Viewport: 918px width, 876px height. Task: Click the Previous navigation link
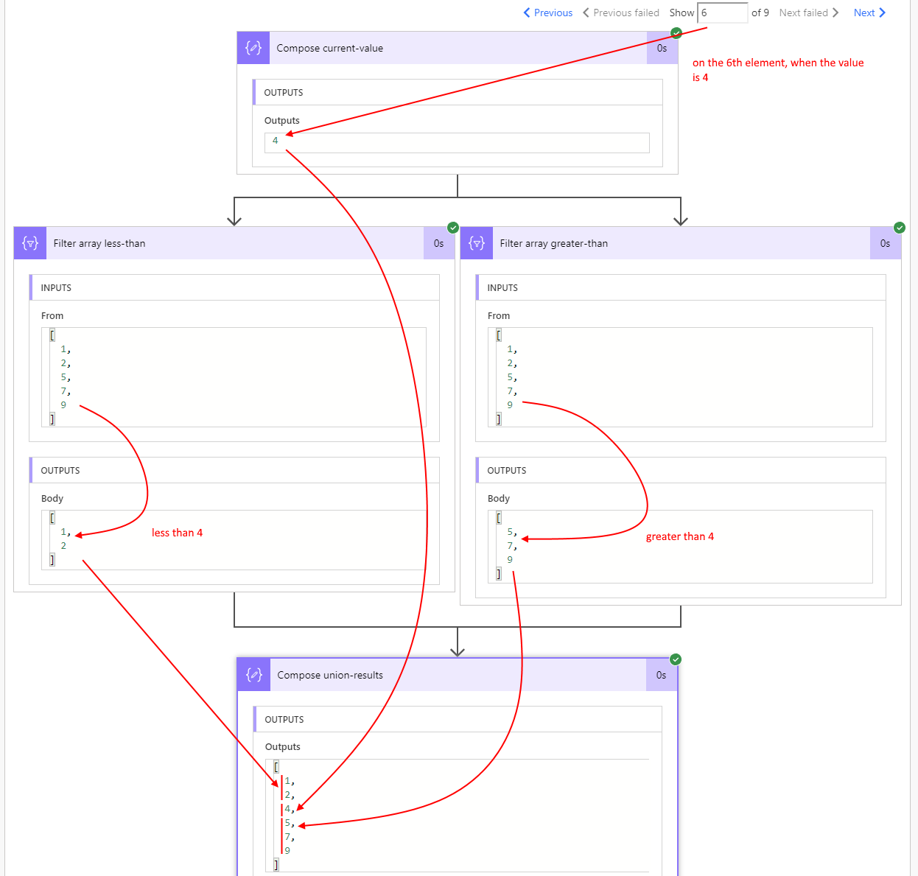tap(548, 13)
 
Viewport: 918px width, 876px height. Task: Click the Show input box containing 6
tap(722, 13)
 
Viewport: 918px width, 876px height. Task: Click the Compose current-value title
tap(329, 49)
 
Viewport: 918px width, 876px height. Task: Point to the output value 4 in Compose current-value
tap(276, 141)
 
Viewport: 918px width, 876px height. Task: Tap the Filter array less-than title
tap(99, 244)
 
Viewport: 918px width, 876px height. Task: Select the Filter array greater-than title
tap(553, 244)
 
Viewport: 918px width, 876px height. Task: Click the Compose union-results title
tap(330, 676)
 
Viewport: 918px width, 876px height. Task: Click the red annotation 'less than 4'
tap(177, 533)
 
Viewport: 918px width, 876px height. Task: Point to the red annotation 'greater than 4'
tap(679, 536)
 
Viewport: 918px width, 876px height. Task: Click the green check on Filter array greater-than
tap(900, 228)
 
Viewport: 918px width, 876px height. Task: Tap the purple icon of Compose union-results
tap(254, 675)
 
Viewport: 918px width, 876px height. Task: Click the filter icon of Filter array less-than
tap(30, 243)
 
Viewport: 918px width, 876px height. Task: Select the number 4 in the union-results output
tap(287, 809)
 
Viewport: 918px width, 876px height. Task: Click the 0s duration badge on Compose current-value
tap(662, 49)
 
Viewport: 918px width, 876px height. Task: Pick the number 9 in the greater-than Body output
tap(510, 560)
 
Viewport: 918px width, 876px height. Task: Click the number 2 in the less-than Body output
tap(63, 546)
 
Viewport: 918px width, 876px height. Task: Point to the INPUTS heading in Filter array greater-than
tap(502, 288)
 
